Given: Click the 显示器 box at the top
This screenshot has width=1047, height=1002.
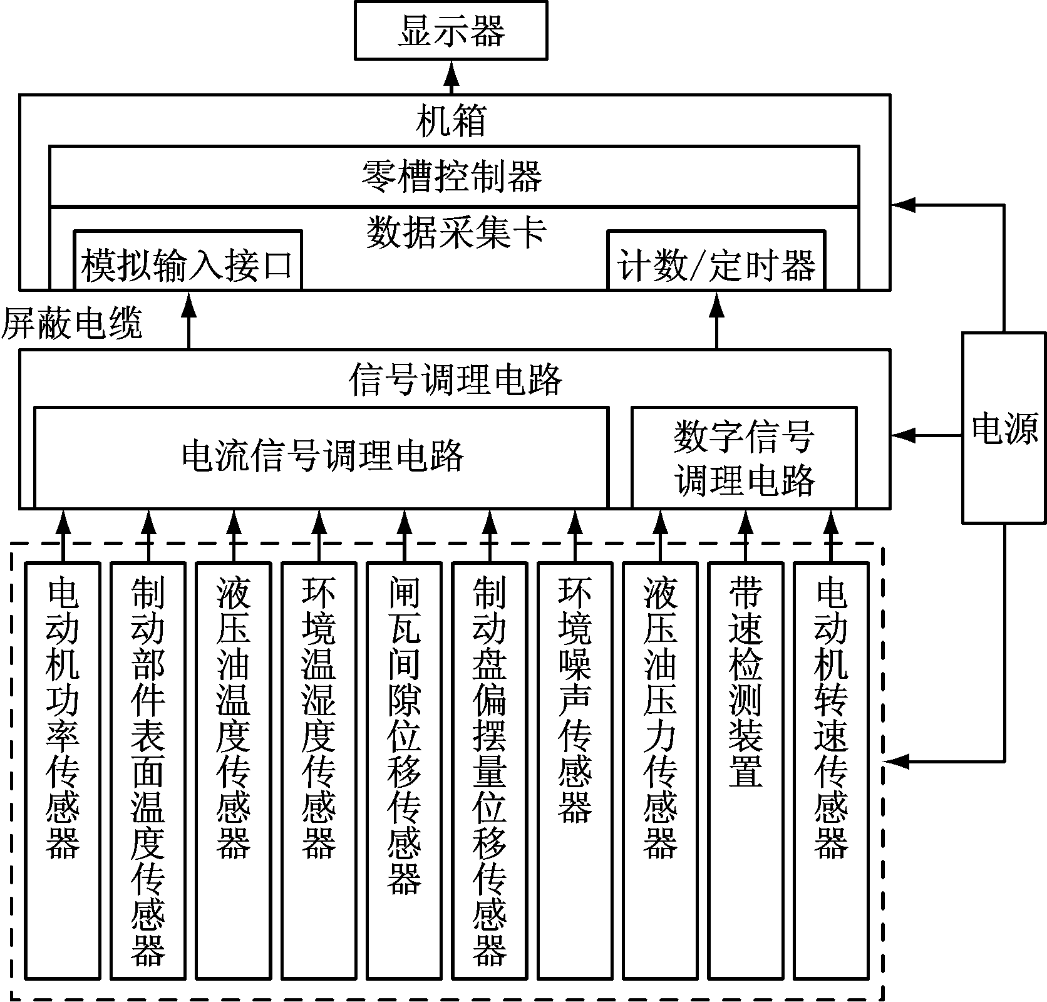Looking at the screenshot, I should coord(451,31).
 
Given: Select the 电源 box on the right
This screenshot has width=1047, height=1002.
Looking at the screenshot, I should coord(1004,428).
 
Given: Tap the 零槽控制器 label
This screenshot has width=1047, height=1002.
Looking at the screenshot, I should coord(452,176).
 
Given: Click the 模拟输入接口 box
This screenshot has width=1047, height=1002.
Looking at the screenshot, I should coord(188,264).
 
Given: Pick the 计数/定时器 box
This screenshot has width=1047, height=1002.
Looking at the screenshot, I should coord(716,264).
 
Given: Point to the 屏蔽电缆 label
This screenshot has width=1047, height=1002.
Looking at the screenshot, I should coord(72,324).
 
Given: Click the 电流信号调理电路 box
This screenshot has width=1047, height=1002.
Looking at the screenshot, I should coord(321,456).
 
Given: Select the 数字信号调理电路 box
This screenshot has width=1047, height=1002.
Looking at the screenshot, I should coord(744,457).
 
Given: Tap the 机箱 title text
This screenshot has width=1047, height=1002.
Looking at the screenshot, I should coord(451,121).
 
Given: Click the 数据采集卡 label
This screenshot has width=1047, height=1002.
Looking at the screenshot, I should coord(456,232).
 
